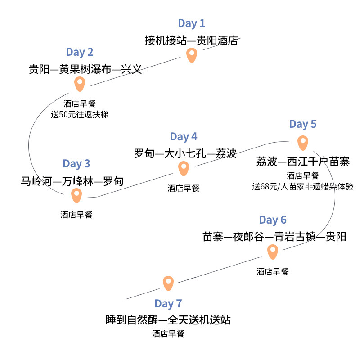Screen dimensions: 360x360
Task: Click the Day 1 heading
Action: click(191, 23)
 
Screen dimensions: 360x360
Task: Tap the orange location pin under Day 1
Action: click(192, 55)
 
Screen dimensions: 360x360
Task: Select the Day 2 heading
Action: click(79, 52)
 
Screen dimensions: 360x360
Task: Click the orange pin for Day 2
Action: click(80, 84)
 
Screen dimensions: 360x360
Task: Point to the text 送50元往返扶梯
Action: click(80, 114)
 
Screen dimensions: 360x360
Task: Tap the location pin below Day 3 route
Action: click(76, 195)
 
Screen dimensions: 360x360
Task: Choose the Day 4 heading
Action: click(183, 137)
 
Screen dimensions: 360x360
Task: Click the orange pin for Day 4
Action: click(183, 168)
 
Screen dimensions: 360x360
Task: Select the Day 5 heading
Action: click(302, 124)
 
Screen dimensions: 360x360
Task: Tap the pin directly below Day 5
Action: click(303, 143)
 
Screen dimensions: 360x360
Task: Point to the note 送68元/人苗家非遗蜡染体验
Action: click(302, 186)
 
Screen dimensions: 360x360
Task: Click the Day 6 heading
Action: click(272, 220)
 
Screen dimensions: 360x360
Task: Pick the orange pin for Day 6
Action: click(272, 252)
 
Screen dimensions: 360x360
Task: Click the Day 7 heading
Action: click(168, 304)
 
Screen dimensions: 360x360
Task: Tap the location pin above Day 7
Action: click(168, 283)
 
